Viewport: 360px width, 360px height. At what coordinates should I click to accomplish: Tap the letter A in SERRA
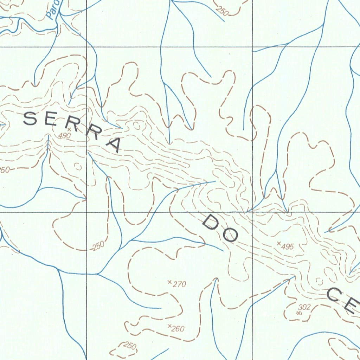coord(113,144)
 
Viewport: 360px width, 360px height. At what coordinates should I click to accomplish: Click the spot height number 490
coord(65,136)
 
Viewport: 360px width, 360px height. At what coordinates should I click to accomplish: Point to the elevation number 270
coord(179,284)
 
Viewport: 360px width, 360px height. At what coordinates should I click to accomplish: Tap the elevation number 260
coord(178,329)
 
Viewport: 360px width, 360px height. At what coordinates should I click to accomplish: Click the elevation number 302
coord(304,307)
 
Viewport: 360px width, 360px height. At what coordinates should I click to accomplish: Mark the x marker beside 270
coord(169,282)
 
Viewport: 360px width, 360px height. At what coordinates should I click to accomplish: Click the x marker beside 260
coord(169,326)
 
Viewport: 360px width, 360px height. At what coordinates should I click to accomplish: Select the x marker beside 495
coord(279,243)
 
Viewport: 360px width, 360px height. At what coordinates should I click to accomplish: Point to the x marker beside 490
coord(69,129)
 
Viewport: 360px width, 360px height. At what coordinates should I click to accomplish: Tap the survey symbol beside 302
coord(299,313)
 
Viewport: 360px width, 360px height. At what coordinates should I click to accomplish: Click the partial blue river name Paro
coord(53,11)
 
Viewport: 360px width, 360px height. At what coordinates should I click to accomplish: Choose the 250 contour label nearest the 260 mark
coord(129,346)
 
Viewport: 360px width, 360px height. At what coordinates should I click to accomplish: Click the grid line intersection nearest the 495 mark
coord(253,212)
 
